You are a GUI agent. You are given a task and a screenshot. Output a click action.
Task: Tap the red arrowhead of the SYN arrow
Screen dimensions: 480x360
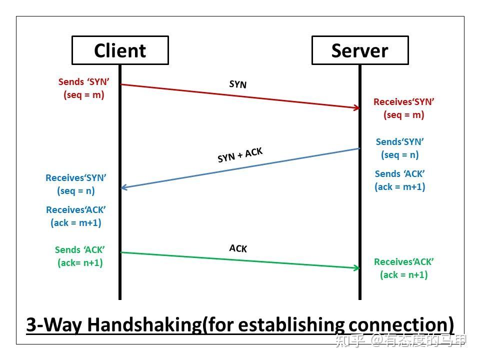tap(356, 107)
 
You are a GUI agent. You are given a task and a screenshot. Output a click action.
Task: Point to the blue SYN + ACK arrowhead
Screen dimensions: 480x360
tap(124, 187)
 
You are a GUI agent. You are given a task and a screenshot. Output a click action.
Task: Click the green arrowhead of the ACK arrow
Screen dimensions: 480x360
tap(356, 268)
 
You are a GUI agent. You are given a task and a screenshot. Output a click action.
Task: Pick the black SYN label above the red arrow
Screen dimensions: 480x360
tap(238, 84)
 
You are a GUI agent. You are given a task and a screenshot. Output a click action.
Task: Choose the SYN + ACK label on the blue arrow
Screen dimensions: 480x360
tap(240, 155)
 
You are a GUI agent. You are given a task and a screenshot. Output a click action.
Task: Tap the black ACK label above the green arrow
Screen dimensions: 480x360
tap(238, 248)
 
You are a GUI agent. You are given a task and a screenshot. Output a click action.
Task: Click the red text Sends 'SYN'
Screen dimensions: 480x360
tap(84, 81)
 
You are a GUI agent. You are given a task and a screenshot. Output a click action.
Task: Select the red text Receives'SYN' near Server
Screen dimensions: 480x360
tap(404, 101)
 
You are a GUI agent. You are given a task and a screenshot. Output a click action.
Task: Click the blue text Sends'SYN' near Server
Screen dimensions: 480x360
tap(400, 141)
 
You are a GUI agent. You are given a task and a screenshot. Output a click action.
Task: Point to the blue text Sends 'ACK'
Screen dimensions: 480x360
tap(400, 173)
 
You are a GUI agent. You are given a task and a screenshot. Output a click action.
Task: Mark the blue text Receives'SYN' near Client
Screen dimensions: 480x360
tap(76, 177)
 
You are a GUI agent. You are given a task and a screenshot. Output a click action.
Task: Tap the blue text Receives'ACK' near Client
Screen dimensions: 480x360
tap(76, 209)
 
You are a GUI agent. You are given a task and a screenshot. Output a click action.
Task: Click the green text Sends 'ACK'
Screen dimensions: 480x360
tap(80, 249)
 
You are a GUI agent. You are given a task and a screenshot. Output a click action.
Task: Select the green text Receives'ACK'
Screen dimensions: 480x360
tap(404, 261)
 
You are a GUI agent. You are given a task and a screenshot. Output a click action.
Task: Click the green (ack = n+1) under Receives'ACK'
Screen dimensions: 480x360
tap(404, 274)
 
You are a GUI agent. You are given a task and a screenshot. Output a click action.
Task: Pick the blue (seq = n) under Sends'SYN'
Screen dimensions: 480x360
tap(400, 154)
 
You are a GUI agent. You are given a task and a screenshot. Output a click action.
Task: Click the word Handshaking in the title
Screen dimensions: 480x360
tap(144, 324)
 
